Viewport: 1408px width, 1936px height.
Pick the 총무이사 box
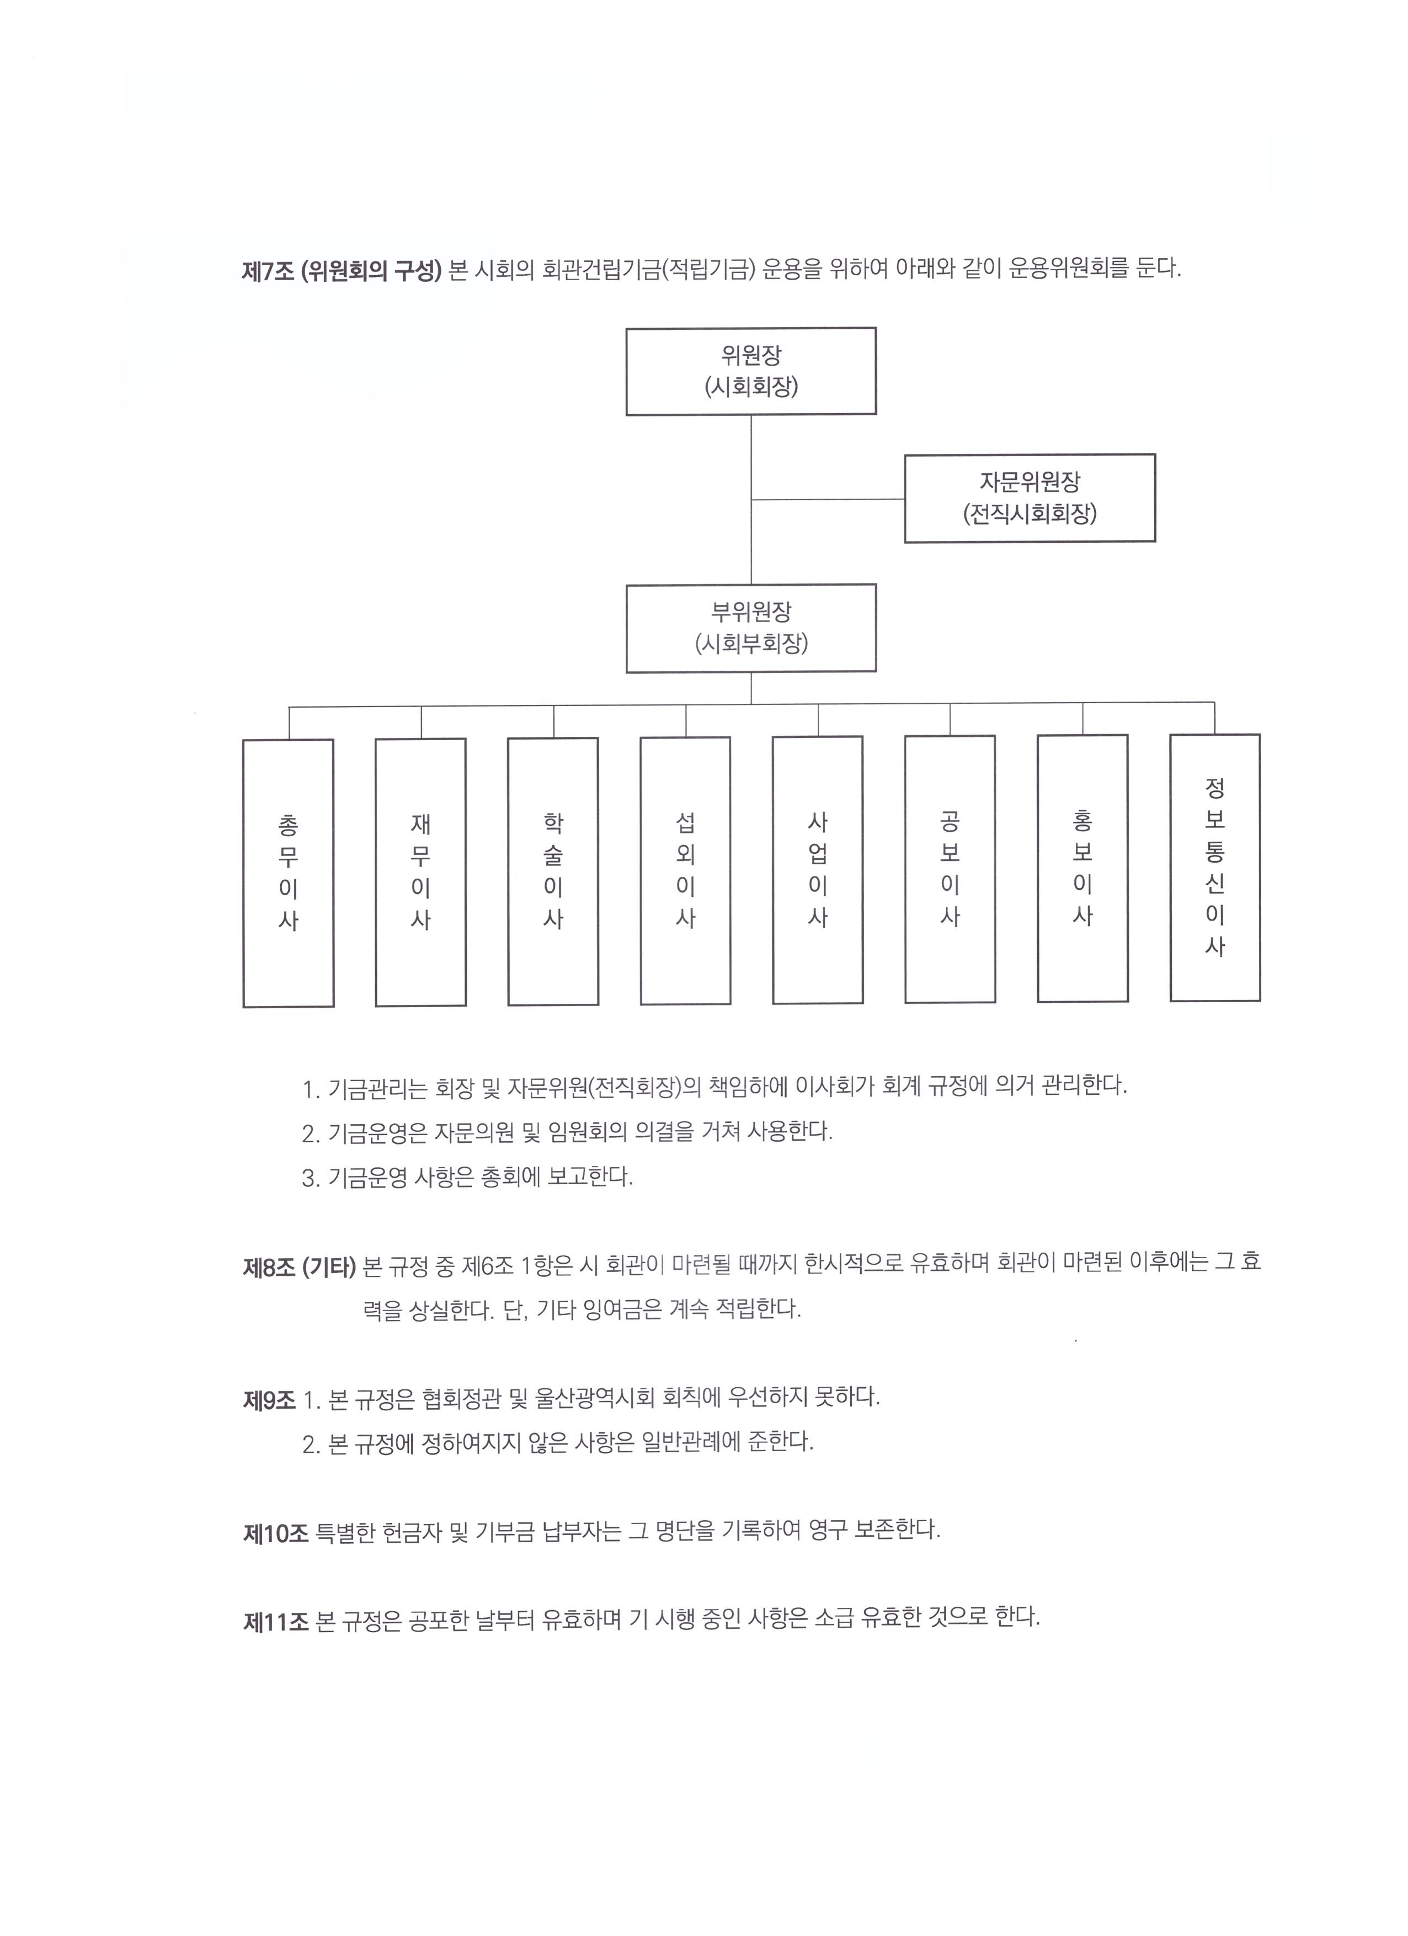click(x=289, y=873)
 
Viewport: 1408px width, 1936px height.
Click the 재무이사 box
click(x=421, y=873)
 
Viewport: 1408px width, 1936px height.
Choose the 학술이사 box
click(x=553, y=871)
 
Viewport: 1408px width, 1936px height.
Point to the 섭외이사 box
click(x=686, y=871)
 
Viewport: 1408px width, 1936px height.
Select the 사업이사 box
click(x=818, y=870)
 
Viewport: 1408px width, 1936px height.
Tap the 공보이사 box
click(x=950, y=869)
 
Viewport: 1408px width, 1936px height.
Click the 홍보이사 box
click(x=1082, y=868)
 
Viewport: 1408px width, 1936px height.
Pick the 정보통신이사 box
click(x=1215, y=867)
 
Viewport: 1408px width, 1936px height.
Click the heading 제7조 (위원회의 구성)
click(x=342, y=271)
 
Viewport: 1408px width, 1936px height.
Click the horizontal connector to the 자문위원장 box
click(x=828, y=499)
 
